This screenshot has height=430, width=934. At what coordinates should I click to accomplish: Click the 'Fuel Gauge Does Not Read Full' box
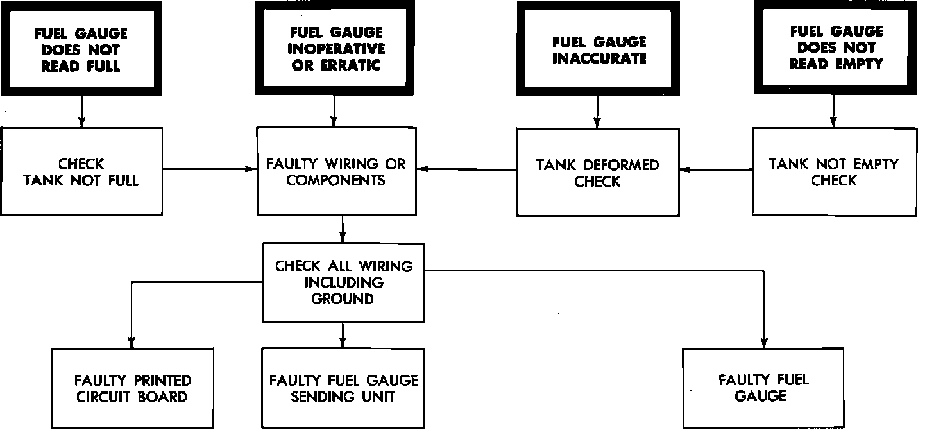[81, 49]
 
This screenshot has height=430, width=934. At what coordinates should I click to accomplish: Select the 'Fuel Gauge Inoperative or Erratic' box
[334, 48]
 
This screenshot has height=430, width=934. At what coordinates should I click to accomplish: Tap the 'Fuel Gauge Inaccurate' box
[598, 49]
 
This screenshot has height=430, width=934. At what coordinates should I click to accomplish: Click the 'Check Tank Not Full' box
[81, 171]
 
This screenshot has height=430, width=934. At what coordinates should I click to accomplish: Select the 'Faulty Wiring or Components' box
[337, 171]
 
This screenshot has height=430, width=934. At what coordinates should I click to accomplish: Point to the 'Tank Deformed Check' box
[598, 172]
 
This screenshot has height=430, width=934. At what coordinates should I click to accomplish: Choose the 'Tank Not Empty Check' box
[835, 172]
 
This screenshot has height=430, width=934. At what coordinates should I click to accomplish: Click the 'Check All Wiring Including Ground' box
[343, 282]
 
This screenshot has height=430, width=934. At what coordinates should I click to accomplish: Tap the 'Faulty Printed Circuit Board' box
[133, 388]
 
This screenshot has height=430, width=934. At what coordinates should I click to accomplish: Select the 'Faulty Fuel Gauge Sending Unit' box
[343, 388]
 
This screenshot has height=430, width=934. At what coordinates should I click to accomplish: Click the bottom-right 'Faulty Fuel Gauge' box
[763, 388]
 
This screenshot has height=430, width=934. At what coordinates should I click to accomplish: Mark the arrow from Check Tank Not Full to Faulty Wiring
[210, 169]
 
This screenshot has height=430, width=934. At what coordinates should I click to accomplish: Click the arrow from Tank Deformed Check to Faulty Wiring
[466, 169]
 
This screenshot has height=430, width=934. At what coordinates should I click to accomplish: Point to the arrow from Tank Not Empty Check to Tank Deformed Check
[716, 169]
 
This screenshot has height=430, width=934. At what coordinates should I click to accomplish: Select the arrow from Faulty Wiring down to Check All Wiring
[343, 229]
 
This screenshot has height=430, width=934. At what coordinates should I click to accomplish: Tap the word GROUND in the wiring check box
[343, 298]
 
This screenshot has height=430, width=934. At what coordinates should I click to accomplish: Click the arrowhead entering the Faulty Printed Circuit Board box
[132, 343]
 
